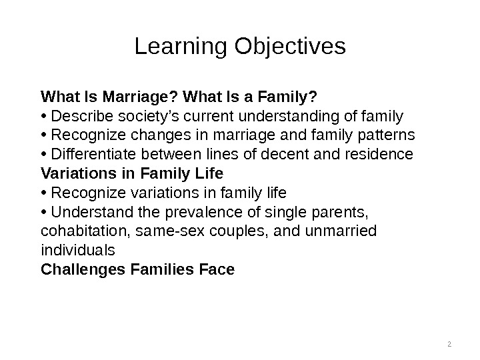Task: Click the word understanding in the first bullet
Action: click(288, 117)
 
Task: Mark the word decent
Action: click(297, 155)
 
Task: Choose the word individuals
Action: click(78, 251)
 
